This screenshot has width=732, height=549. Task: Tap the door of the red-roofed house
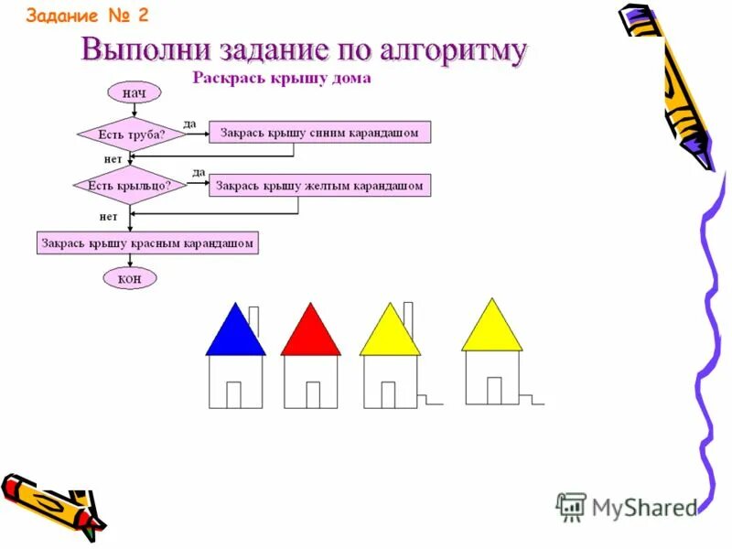click(313, 394)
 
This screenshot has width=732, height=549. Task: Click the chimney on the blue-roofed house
click(253, 319)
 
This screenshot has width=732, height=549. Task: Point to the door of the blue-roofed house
click(233, 394)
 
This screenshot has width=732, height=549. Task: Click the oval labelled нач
click(134, 92)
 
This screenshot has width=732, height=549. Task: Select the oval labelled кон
click(130, 278)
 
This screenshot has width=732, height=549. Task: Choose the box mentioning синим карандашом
click(320, 133)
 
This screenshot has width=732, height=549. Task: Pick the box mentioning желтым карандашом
click(320, 186)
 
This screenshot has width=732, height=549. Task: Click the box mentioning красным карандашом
click(147, 242)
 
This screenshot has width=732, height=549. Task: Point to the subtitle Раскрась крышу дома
click(282, 79)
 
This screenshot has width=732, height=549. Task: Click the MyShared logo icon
click(570, 505)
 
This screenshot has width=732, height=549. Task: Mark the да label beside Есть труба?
click(189, 124)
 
